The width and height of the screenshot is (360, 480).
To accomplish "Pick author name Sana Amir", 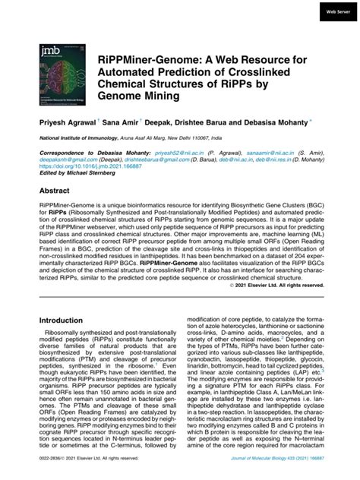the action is click(x=122, y=120).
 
